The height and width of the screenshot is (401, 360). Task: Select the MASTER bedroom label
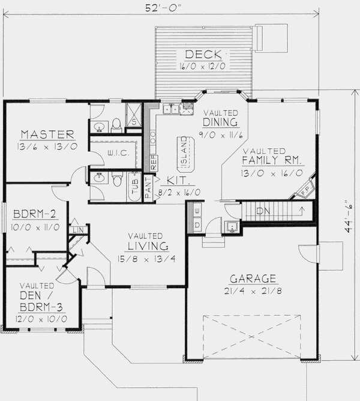47,133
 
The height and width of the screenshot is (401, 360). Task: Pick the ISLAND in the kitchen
183,152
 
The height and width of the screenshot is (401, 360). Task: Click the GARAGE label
253,278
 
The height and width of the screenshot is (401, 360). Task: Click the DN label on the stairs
262,211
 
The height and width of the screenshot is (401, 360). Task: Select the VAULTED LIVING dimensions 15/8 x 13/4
147,260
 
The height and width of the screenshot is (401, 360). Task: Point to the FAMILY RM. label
273,161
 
